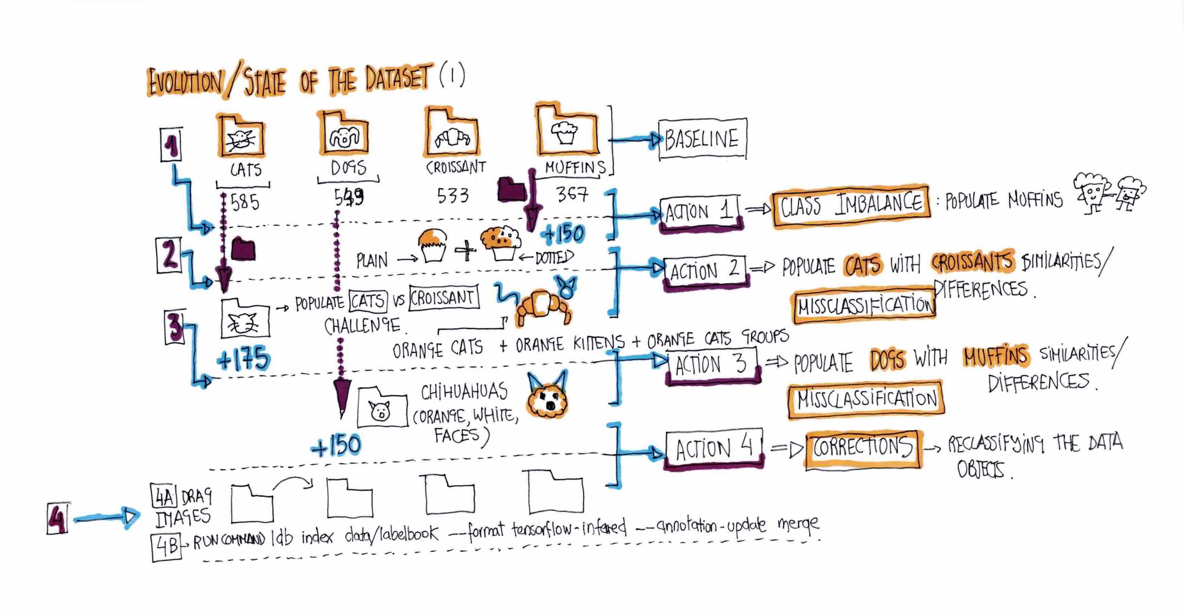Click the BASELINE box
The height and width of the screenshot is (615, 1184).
pyautogui.click(x=702, y=139)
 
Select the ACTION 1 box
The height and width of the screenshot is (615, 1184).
pyautogui.click(x=700, y=212)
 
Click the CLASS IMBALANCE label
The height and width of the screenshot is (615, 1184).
pyautogui.click(x=851, y=205)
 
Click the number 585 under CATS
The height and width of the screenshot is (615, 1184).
pyautogui.click(x=245, y=202)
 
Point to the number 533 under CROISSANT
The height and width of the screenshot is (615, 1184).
pyautogui.click(x=453, y=196)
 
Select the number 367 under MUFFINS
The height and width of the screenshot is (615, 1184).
pyautogui.click(x=572, y=195)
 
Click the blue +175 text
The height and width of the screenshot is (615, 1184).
pyautogui.click(x=243, y=360)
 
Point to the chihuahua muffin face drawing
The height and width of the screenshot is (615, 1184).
pyautogui.click(x=547, y=398)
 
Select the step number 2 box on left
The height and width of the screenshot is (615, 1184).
pyautogui.click(x=169, y=255)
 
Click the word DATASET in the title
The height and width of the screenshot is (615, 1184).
pyautogui.click(x=399, y=79)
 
